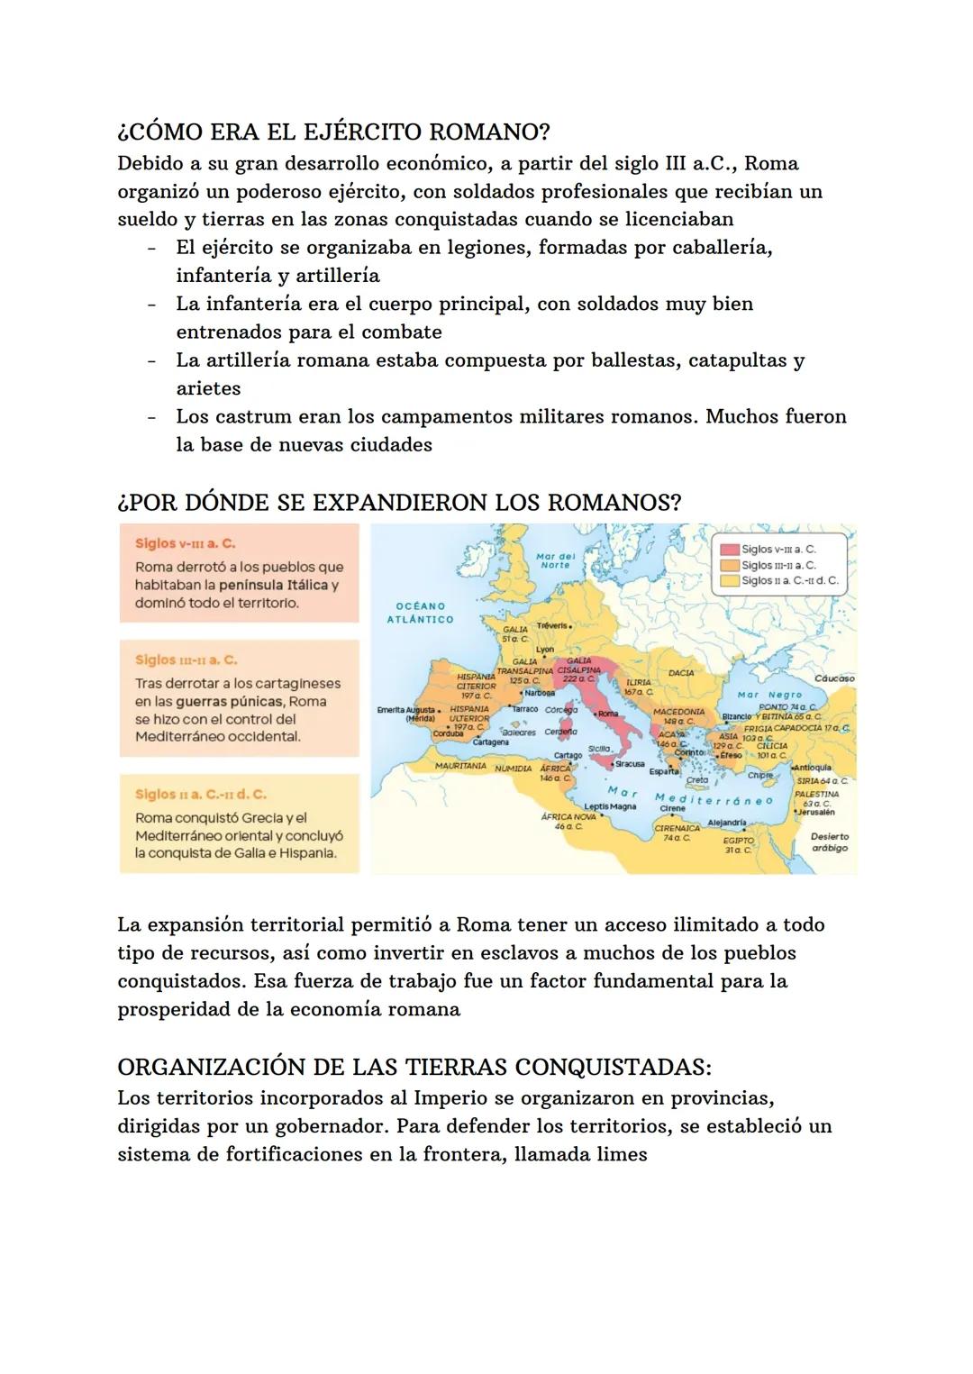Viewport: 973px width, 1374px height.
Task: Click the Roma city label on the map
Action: tap(609, 714)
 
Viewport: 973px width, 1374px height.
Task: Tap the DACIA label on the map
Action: tap(681, 673)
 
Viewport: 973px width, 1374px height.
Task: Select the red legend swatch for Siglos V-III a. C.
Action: tap(729, 549)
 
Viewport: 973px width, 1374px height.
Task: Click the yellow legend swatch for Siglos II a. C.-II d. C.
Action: tap(729, 581)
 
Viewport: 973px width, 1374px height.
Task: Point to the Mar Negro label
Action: tap(769, 695)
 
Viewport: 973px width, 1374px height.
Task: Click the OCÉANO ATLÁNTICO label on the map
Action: tap(420, 613)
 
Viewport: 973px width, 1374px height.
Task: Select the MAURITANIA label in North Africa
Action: tap(460, 766)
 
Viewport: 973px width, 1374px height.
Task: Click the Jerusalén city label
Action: tap(816, 812)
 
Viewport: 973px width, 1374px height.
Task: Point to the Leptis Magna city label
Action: tap(610, 806)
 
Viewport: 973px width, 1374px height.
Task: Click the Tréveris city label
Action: tap(552, 625)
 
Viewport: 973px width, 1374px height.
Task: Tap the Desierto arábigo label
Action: tap(829, 842)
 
